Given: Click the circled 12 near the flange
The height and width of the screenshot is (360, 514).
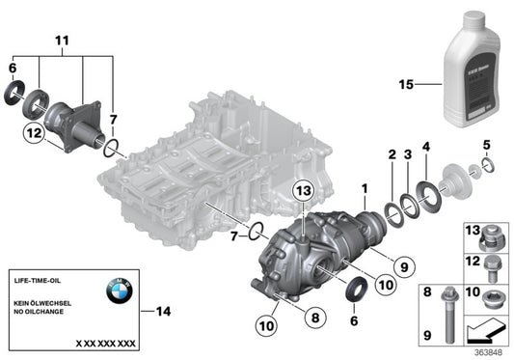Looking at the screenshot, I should click(x=32, y=135).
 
